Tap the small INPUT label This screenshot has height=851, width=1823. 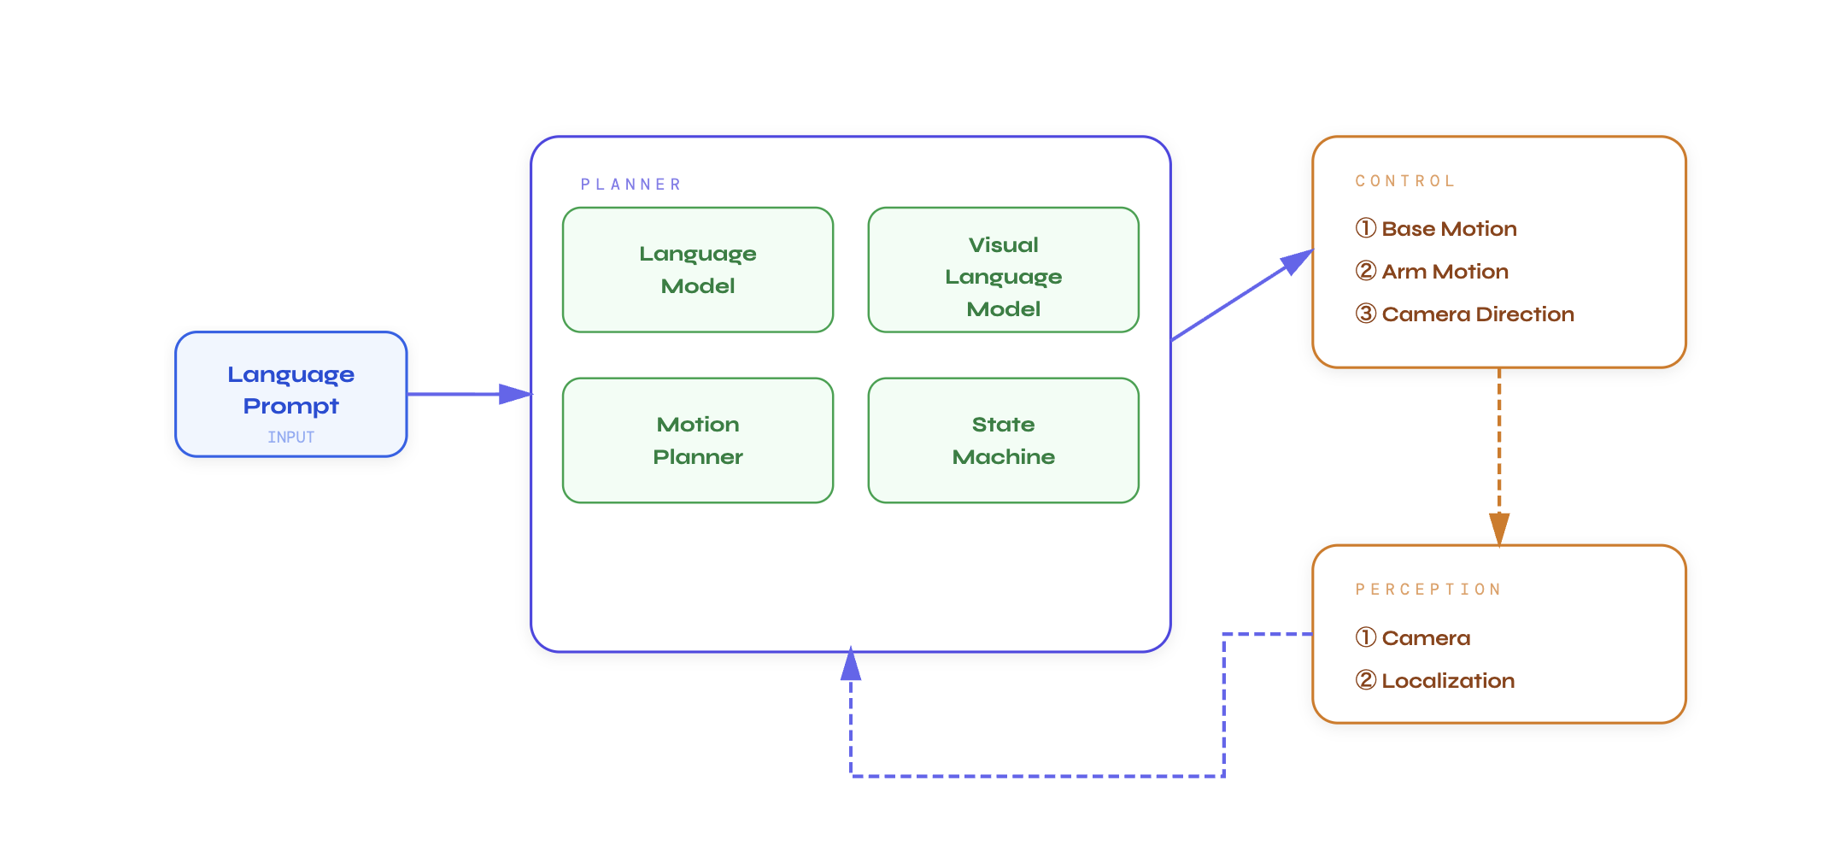click(x=290, y=437)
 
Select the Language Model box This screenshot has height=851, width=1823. click(x=697, y=270)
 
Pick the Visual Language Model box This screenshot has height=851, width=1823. click(x=1003, y=270)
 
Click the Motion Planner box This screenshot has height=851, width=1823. click(x=697, y=441)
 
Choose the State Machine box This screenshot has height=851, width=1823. click(x=1003, y=441)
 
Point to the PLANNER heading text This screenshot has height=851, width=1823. click(x=630, y=185)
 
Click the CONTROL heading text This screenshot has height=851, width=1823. click(x=1404, y=181)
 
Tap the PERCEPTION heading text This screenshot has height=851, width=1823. click(x=1427, y=590)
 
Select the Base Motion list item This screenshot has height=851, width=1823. click(x=1448, y=229)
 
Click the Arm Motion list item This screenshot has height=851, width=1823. click(x=1444, y=272)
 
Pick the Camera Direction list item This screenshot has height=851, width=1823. click(x=1477, y=314)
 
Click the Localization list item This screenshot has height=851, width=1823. click(x=1447, y=681)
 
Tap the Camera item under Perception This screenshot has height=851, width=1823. click(x=1425, y=638)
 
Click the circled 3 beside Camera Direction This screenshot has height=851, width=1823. click(x=1365, y=314)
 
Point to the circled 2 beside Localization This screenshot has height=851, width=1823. click(x=1365, y=680)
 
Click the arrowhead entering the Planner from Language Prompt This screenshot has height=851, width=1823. click(x=515, y=394)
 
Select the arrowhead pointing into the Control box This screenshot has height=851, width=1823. click(x=1297, y=261)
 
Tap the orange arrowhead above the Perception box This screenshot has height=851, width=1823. click(x=1498, y=528)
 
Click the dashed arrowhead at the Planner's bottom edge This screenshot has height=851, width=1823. click(x=851, y=666)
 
